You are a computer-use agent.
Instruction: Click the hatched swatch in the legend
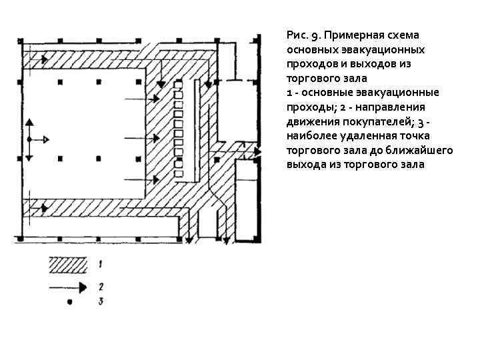67,265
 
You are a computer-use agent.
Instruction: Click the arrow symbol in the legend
67,288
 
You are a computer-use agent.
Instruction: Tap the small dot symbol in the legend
68,304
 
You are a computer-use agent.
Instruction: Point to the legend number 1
99,265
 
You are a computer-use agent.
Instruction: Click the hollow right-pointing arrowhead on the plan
45,140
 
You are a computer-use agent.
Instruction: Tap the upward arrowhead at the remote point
29,124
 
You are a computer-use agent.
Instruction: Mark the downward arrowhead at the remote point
29,157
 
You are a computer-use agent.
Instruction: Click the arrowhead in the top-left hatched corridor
45,59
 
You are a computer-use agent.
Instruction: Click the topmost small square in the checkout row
178,95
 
